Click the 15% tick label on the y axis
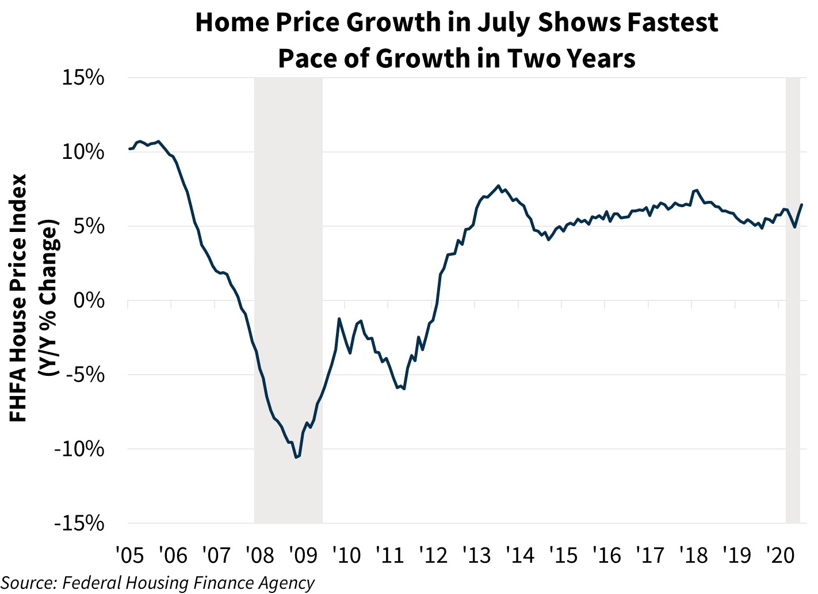point(83,78)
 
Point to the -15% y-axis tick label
point(79,523)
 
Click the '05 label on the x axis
point(130,555)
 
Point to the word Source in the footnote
point(28,582)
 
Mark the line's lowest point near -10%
point(296,458)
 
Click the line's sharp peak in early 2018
point(697,190)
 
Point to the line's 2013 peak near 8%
point(498,186)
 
